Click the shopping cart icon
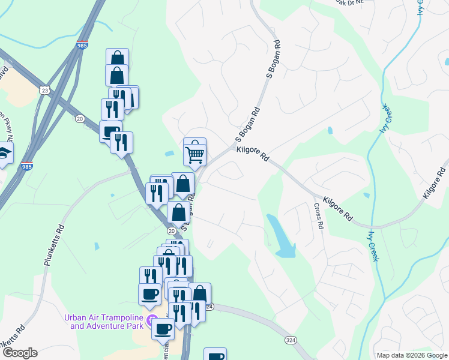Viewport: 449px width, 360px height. tap(194, 154)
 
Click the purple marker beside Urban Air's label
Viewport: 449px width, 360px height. tap(153, 318)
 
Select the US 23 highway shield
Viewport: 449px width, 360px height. tap(45, 89)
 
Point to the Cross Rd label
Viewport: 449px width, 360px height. tap(318, 217)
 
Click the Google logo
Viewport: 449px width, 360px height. tap(19, 353)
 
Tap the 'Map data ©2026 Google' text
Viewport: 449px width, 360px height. tap(411, 355)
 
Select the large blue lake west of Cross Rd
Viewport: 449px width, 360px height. tap(280, 236)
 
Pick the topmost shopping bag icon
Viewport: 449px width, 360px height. tap(117, 59)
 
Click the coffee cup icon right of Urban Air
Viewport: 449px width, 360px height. tap(163, 328)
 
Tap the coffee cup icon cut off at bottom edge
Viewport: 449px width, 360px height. tap(215, 355)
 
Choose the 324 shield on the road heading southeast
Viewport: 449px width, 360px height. tap(291, 340)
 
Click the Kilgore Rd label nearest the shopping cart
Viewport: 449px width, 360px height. tap(253, 154)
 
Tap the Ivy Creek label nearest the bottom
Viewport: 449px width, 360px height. tap(374, 245)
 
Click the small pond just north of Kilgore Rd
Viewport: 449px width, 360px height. tap(330, 130)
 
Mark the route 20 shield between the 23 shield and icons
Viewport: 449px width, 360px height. tap(80, 119)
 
